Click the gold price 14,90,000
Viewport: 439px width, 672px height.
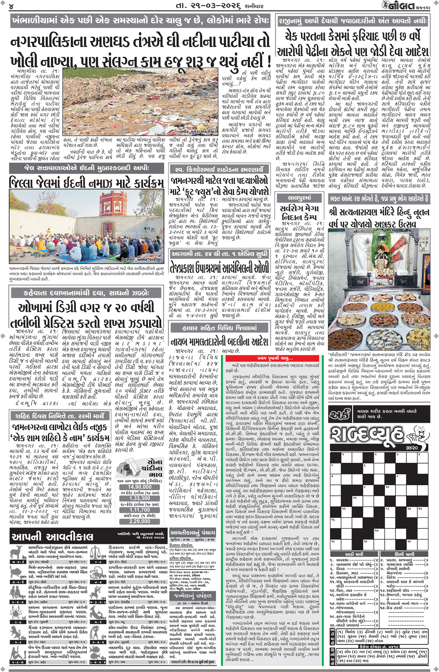point(139,487)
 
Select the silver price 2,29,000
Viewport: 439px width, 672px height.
point(139,521)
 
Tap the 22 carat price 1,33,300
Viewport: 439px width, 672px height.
point(139,498)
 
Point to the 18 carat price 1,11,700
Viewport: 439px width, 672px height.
point(139,510)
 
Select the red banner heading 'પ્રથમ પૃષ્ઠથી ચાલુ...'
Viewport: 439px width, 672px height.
point(274,358)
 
